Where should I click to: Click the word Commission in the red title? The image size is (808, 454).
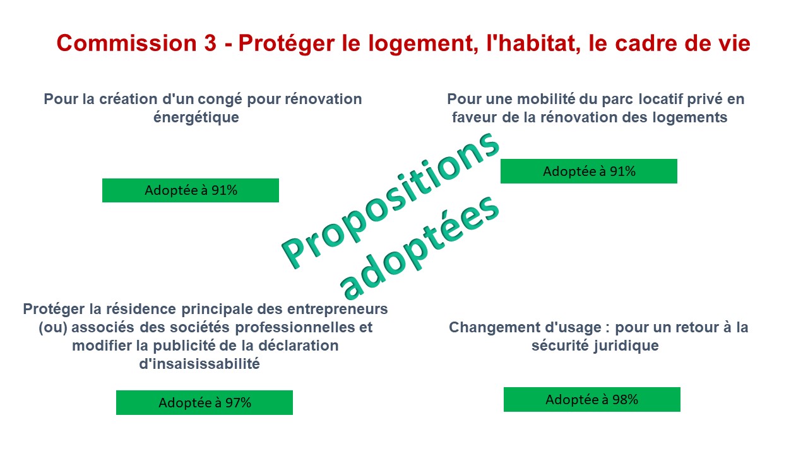pyautogui.click(x=126, y=44)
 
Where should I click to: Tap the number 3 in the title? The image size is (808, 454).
pyautogui.click(x=210, y=44)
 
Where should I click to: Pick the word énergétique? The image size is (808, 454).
pyautogui.click(x=196, y=117)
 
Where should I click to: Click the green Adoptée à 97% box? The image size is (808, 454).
pyautogui.click(x=205, y=402)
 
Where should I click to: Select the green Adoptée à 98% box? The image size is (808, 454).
pyautogui.click(x=592, y=399)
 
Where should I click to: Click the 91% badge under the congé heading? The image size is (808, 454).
pyautogui.click(x=191, y=190)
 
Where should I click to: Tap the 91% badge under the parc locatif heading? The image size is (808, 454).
pyautogui.click(x=589, y=171)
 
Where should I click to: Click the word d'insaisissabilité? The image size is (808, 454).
pyautogui.click(x=199, y=364)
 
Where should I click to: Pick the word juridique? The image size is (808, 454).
pyautogui.click(x=626, y=346)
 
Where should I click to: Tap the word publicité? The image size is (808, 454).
pyautogui.click(x=184, y=346)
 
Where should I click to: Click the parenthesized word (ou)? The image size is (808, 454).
pyautogui.click(x=52, y=328)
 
